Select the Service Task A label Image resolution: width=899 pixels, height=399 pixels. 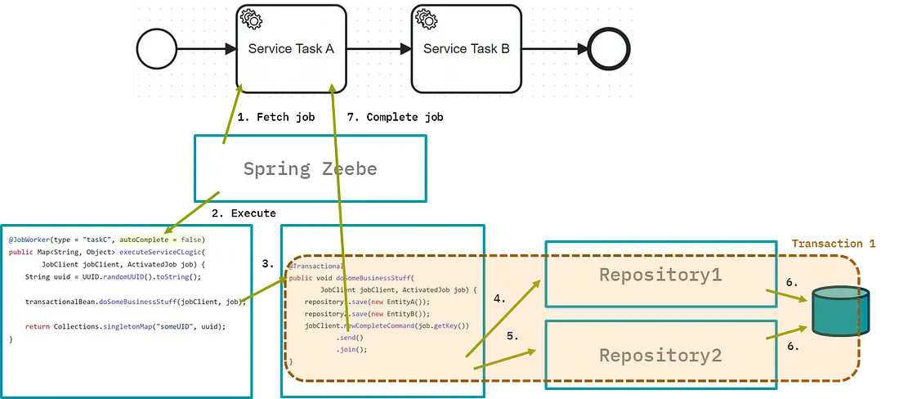tap(291, 49)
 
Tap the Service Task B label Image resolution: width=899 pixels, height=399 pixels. tap(466, 49)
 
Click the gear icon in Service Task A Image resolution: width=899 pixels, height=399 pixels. tap(249, 19)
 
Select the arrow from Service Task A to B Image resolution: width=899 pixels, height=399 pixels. tap(378, 49)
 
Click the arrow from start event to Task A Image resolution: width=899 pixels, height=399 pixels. tap(205, 49)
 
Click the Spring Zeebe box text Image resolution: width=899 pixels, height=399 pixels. tap(310, 169)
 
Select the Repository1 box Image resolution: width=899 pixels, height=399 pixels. tap(660, 275)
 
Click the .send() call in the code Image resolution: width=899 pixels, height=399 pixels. tap(349, 337)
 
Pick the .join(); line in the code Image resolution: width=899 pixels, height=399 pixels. tap(351, 349)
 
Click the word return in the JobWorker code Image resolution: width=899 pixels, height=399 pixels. tap(37, 326)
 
